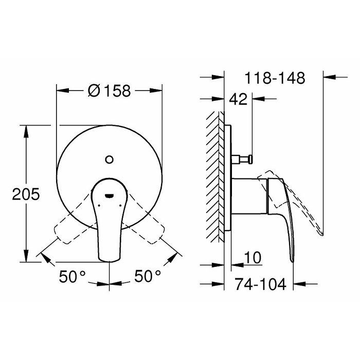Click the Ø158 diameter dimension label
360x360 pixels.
click(x=109, y=91)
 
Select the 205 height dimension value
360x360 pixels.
click(x=26, y=194)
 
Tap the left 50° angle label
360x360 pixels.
click(x=73, y=276)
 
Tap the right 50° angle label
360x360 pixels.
click(x=148, y=276)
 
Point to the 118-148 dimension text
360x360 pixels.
click(x=275, y=78)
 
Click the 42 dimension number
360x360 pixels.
click(x=238, y=99)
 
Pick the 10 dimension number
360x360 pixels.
click(x=253, y=258)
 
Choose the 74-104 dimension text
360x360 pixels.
click(x=260, y=284)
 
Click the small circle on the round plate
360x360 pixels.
click(x=109, y=159)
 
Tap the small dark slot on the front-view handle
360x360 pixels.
click(x=109, y=195)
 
